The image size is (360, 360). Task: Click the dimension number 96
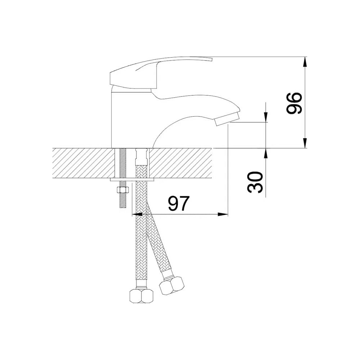click(293, 104)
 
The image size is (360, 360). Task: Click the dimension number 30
click(255, 182)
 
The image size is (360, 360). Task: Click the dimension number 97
click(179, 203)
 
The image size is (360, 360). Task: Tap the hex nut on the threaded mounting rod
click(123, 190)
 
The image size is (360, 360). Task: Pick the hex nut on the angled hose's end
click(172, 285)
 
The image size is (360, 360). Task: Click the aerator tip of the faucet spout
click(227, 118)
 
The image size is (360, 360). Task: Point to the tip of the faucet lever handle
click(212, 59)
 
